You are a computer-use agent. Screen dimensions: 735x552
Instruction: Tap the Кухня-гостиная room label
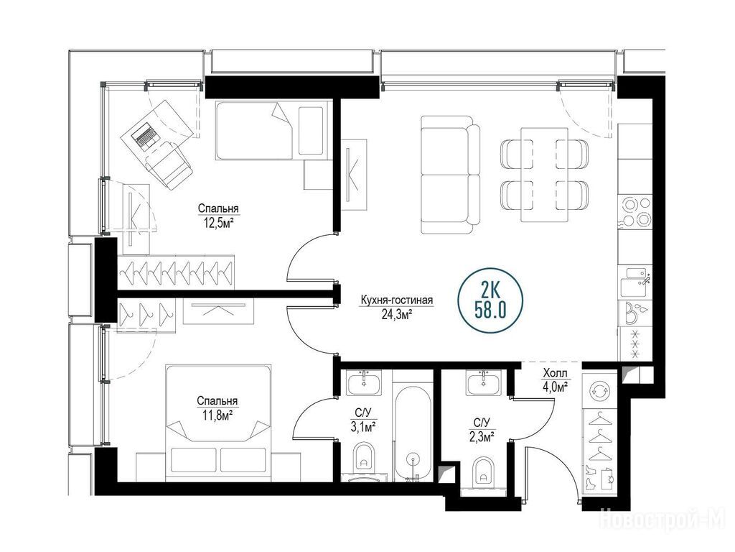(396, 300)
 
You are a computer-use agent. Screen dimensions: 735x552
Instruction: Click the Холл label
(556, 374)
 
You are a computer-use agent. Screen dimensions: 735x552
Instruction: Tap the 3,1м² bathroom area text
(363, 427)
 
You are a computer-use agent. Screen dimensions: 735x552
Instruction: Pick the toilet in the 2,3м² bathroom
(482, 471)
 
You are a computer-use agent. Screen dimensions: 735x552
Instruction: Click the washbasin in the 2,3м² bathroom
(483, 382)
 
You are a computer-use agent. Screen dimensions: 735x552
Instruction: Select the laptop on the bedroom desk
(144, 136)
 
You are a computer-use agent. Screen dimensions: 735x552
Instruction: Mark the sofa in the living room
(450, 175)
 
